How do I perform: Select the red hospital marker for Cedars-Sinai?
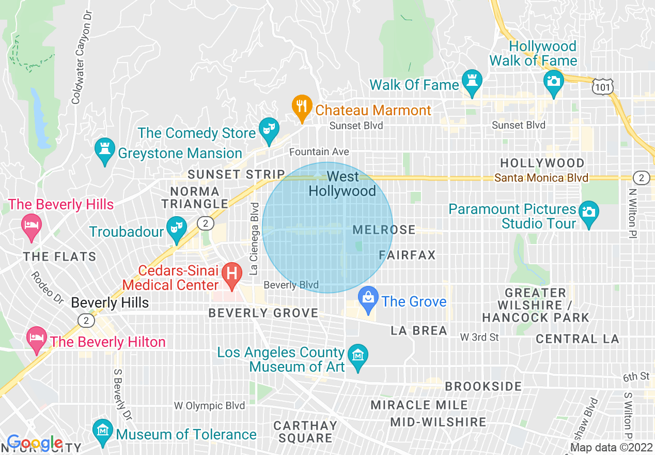(232, 273)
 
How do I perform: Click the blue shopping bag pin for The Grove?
(368, 299)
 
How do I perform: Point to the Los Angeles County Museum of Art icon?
(357, 356)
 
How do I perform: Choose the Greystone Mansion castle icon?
(105, 150)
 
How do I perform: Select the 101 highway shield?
(603, 87)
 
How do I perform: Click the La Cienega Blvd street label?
(254, 238)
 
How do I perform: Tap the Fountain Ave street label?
(319, 151)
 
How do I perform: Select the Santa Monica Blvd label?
(541, 178)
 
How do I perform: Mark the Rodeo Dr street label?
(47, 286)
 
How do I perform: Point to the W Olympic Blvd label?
(209, 406)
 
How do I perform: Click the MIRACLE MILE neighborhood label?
(419, 405)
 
